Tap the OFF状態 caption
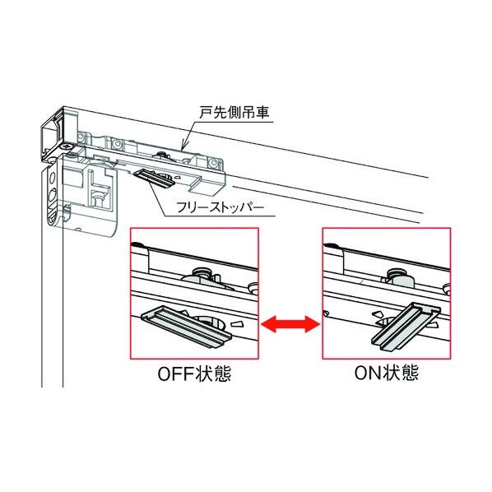(x=193, y=374)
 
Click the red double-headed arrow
(x=290, y=327)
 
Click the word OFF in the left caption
(x=174, y=374)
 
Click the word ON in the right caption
(x=365, y=374)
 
